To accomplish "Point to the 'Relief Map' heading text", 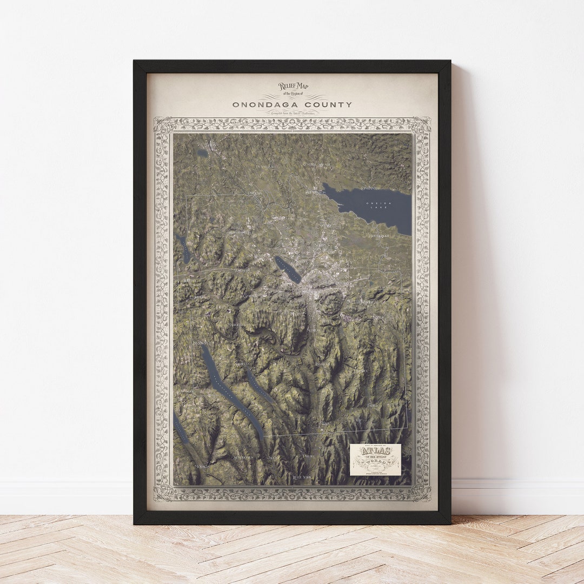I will pos(289,86).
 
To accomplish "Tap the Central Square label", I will pos(316,164).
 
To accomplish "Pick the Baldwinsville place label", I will pos(241,232).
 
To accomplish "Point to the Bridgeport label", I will pos(379,236).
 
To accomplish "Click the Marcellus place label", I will pos(236,325).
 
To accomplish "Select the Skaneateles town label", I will pos(202,343).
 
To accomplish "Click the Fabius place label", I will pos(373,404).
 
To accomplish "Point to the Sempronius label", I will pos(242,457).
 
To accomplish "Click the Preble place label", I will pos(309,456).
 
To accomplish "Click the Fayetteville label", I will pos(364,302).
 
